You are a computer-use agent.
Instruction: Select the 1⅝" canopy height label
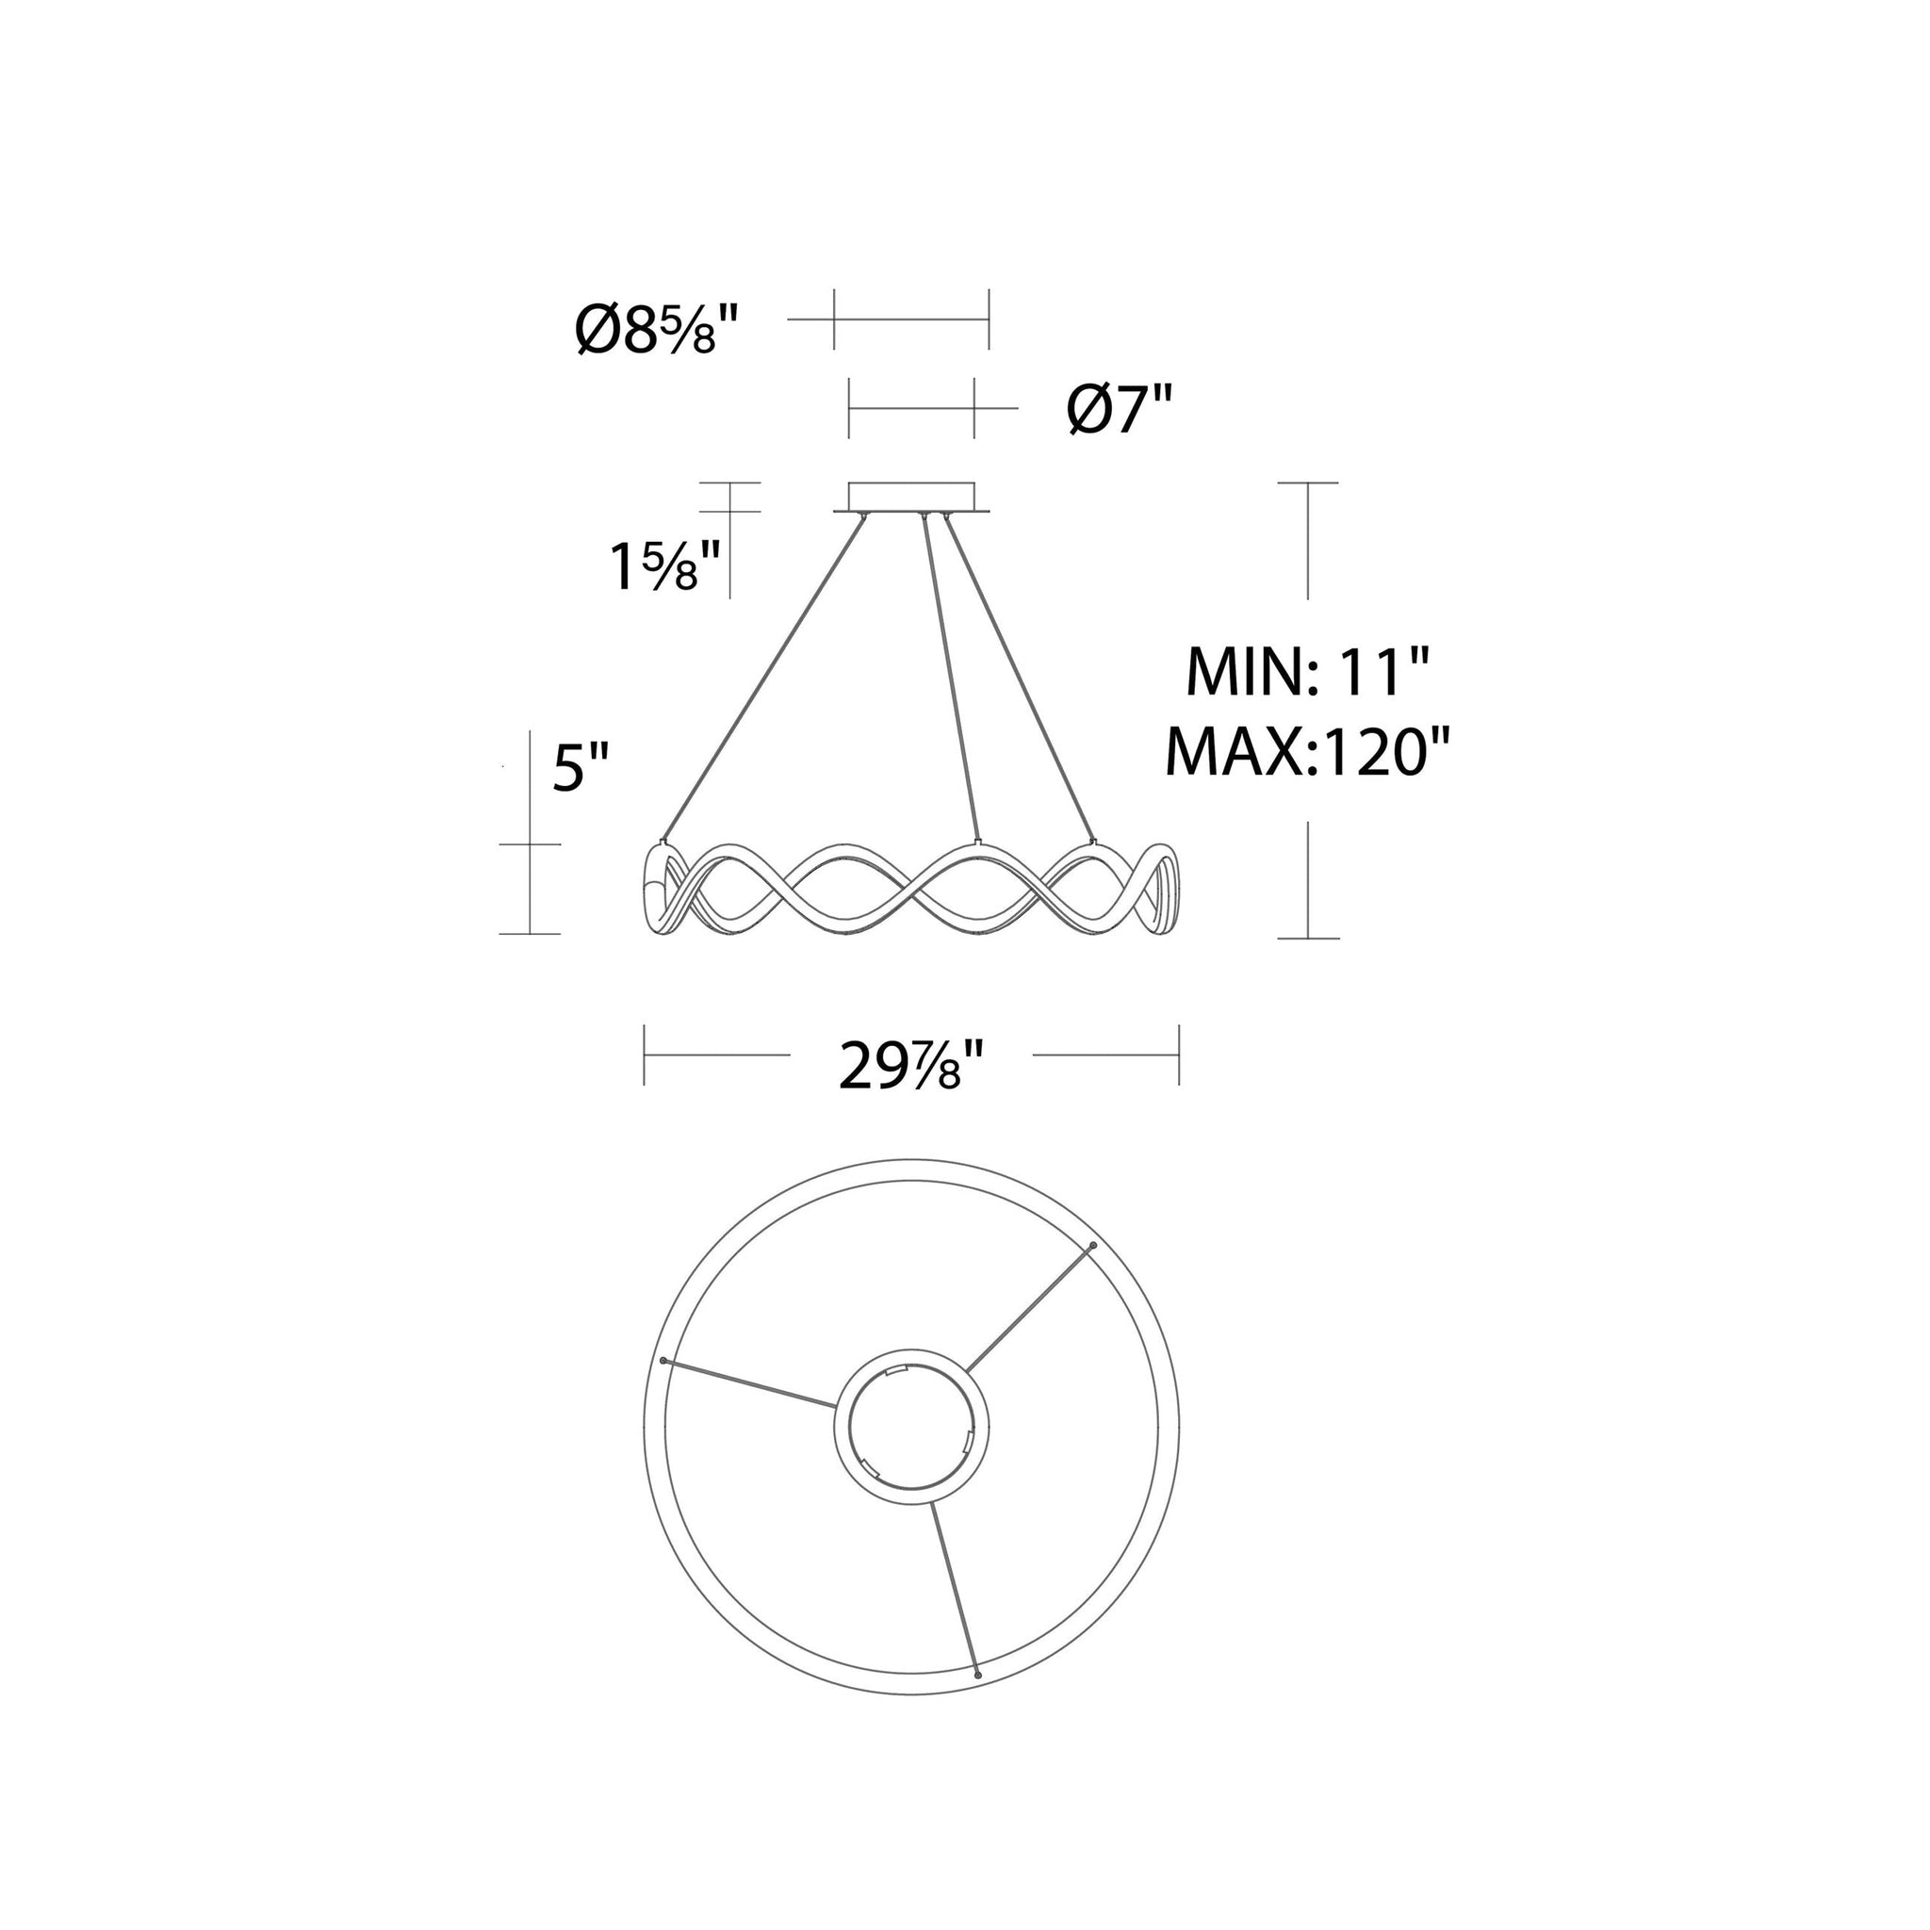point(665,566)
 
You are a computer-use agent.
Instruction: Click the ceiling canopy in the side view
point(911,498)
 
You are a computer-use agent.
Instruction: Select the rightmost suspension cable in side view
point(1019,678)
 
